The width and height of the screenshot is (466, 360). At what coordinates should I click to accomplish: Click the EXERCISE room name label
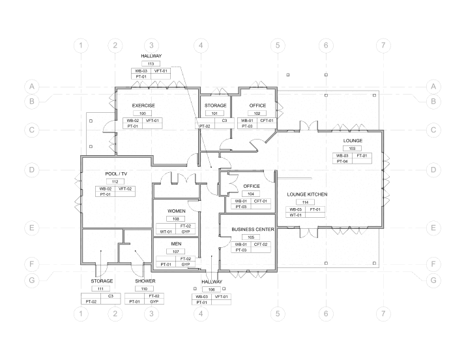pyautogui.click(x=143, y=105)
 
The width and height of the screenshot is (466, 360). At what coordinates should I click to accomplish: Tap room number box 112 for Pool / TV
pyautogui.click(x=115, y=181)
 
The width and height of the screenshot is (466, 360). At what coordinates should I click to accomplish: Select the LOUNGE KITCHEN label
pyautogui.click(x=307, y=194)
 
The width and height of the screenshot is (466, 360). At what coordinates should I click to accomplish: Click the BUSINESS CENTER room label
pyautogui.click(x=252, y=230)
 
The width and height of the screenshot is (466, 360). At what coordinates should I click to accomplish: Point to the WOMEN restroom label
pyautogui.click(x=177, y=211)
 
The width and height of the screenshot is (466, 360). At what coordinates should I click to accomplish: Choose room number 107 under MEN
pyautogui.click(x=176, y=251)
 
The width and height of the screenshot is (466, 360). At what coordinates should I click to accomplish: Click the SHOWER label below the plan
pyautogui.click(x=145, y=280)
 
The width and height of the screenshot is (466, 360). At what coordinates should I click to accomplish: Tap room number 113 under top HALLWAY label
pyautogui.click(x=151, y=64)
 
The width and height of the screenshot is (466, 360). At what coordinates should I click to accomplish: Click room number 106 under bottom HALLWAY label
pyautogui.click(x=212, y=289)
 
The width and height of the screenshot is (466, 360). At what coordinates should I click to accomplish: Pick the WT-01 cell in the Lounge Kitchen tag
pyautogui.click(x=296, y=215)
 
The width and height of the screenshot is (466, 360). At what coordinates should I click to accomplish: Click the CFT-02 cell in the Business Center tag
pyautogui.click(x=261, y=244)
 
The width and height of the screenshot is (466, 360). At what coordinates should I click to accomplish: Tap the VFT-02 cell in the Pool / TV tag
pyautogui.click(x=125, y=188)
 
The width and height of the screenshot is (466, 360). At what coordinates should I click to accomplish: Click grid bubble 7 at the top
pyautogui.click(x=385, y=46)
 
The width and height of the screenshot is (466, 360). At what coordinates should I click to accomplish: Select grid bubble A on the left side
pyautogui.click(x=31, y=86)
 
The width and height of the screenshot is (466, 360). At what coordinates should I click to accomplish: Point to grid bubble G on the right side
pyautogui.click(x=433, y=280)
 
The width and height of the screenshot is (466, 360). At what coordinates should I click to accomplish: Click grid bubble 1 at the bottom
pyautogui.click(x=80, y=314)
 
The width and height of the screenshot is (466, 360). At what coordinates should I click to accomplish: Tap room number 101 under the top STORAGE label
pyautogui.click(x=215, y=113)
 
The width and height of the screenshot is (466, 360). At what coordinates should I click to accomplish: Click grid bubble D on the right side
pyautogui.click(x=433, y=170)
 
